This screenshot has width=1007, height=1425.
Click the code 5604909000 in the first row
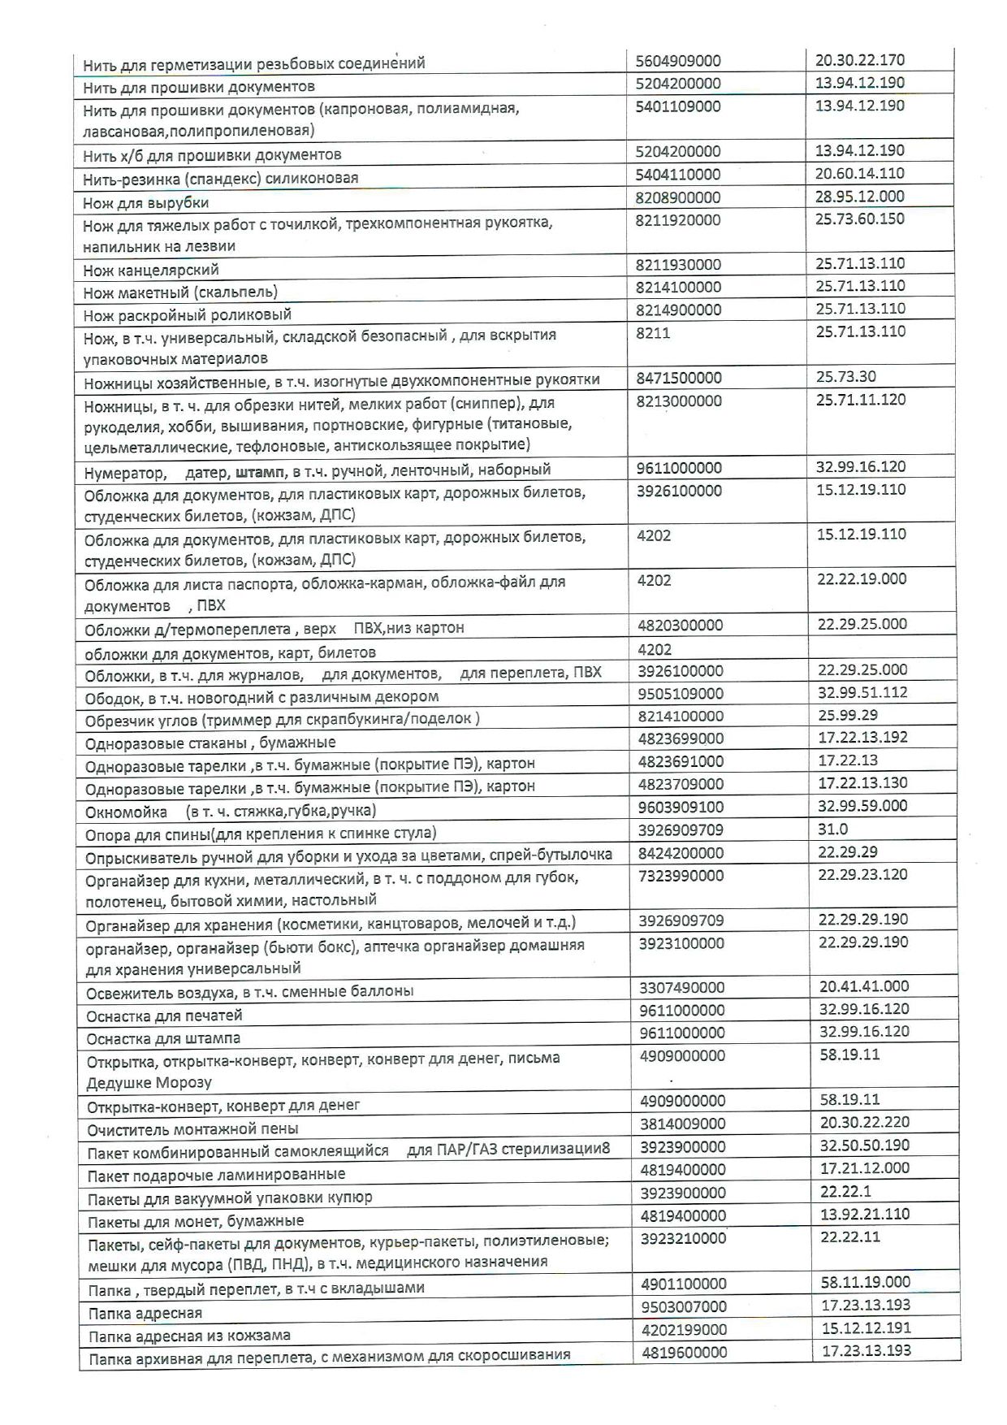coord(678,61)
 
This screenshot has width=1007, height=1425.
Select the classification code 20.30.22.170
coord(859,59)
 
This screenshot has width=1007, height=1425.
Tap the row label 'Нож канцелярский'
coord(151,270)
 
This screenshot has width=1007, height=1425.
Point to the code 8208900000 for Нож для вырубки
coord(678,197)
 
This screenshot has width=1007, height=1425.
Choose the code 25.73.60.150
coord(860,219)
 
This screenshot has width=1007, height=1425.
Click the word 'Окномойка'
coord(126,811)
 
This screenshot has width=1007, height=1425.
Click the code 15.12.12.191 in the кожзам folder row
coord(865,1328)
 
